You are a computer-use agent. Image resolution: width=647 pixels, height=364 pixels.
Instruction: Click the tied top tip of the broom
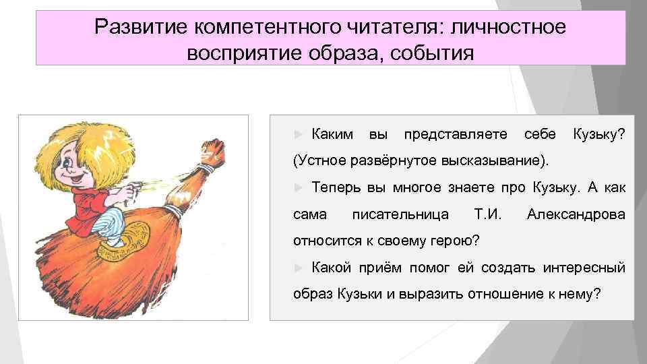(213, 145)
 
